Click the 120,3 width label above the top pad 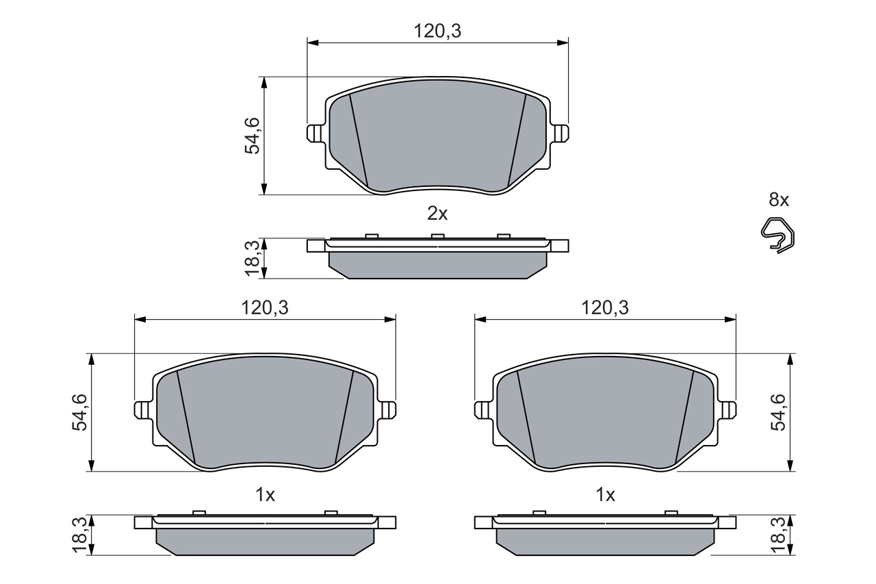click(437, 31)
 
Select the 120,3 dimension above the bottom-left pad click(264, 308)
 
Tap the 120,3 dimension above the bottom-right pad click(605, 308)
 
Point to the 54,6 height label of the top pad click(253, 136)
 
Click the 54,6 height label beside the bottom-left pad click(81, 412)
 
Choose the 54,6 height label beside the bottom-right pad click(780, 412)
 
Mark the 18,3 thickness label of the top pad click(253, 258)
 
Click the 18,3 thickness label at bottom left click(81, 535)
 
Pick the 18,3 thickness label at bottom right click(780, 535)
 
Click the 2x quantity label click(437, 214)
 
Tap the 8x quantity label click(779, 200)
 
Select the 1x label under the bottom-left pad click(265, 494)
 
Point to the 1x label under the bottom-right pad click(606, 494)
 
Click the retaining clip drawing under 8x click(778, 234)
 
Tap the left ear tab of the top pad click(315, 132)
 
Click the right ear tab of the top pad click(561, 132)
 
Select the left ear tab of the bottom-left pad click(142, 409)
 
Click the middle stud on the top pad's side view click(437, 236)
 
